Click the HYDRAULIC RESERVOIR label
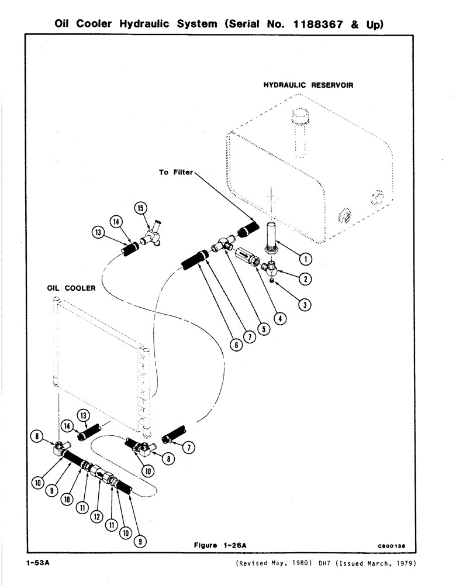(308, 85)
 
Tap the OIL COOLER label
(71, 288)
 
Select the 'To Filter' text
(175, 173)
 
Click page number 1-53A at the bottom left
(39, 564)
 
